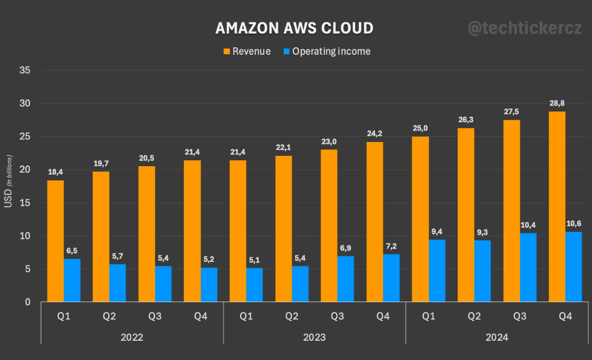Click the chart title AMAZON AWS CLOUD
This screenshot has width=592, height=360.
[294, 28]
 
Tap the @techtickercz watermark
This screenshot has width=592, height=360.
[524, 28]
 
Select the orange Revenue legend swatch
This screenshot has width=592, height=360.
[227, 51]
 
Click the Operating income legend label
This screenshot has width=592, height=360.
[331, 51]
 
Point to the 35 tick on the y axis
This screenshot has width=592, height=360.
[25, 71]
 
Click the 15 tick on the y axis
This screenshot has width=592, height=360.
[25, 203]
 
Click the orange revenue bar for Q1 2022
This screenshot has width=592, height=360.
[55, 241]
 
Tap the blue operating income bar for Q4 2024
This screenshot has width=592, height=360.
[574, 266]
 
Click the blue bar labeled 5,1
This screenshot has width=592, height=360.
[255, 285]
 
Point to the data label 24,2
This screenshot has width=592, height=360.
[374, 133]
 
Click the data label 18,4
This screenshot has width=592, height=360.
[55, 172]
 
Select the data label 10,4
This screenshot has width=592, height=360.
[528, 224]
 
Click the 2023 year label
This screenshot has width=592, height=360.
[314, 338]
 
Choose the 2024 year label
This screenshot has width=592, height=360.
[496, 338]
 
